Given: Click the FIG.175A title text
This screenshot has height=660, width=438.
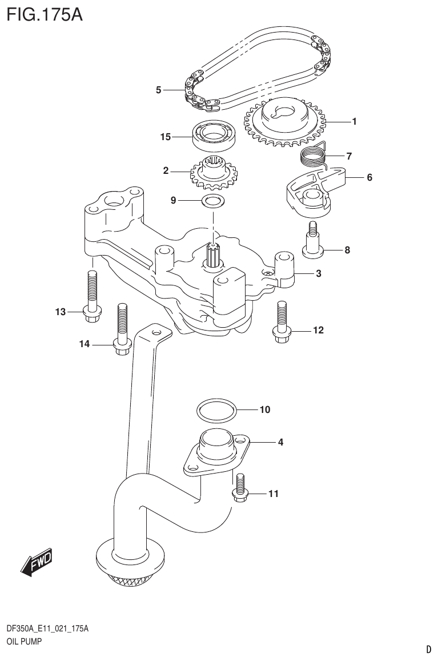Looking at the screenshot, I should click(x=45, y=14).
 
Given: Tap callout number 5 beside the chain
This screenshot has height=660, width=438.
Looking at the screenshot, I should click(x=159, y=90).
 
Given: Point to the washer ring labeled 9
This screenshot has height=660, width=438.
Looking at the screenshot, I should click(x=213, y=201).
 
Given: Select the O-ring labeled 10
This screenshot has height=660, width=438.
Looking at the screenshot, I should click(x=216, y=410).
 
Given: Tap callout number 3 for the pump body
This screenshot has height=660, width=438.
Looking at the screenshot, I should click(x=318, y=274).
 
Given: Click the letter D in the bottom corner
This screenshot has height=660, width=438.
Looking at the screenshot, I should click(x=428, y=649).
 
